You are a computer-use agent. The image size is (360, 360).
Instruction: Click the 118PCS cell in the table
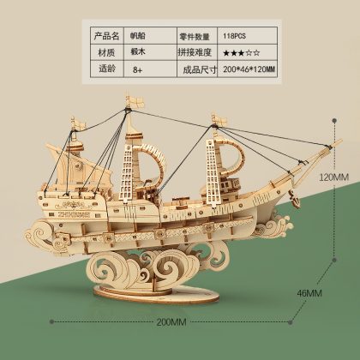247,36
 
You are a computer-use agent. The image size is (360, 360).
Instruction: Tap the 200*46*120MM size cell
247,69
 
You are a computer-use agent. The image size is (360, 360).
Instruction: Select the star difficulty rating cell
247,52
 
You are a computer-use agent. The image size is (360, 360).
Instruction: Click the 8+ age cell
150,69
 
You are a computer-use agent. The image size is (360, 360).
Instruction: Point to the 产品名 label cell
107,36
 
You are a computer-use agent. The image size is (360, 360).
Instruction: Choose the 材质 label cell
107,52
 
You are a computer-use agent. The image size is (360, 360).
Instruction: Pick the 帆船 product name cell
150,36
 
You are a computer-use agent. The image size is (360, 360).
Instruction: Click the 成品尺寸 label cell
197,69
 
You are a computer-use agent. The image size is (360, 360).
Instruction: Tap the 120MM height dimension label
333,177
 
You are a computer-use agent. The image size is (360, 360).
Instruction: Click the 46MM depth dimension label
309,293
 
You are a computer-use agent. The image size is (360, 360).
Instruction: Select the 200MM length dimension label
171,322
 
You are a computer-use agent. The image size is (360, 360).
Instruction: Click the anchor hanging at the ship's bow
295,199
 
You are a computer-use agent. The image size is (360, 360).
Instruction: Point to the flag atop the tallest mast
136,101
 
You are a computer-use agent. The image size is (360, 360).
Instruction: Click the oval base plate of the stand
156,294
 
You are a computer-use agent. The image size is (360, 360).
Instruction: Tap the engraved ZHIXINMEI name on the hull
74,214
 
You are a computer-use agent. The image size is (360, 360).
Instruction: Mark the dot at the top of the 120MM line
334,121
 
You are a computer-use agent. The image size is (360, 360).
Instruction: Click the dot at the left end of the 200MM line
51,321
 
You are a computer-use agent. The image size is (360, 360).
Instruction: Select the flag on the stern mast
79,123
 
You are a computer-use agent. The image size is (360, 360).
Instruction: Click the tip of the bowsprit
341,141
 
